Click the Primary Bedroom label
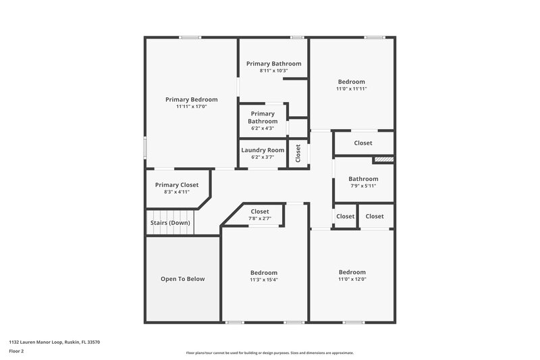click(191, 99)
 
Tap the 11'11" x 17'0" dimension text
click(191, 106)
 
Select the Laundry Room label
click(263, 150)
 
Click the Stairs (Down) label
click(169, 223)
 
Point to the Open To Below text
click(182, 279)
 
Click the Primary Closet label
click(177, 185)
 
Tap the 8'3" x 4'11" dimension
click(177, 192)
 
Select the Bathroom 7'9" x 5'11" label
click(363, 179)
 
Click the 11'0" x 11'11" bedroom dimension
click(352, 88)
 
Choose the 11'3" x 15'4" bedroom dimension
click(264, 280)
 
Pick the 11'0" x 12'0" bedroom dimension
click(352, 279)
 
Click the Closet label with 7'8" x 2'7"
click(260, 211)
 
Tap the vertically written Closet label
click(298, 153)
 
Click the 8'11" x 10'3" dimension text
click(273, 70)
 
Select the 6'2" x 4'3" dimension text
click(263, 128)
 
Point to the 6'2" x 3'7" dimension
click(263, 157)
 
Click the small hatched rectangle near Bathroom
click(383, 159)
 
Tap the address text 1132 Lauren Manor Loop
click(55, 342)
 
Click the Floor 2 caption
click(17, 351)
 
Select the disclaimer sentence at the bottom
click(269, 353)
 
